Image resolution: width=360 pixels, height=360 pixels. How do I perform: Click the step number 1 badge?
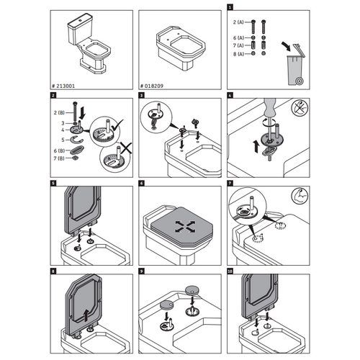(229, 6)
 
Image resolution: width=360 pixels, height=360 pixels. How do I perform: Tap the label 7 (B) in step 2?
(61, 158)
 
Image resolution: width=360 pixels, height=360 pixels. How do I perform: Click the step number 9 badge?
(141, 271)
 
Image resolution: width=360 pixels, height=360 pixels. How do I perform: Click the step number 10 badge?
(229, 271)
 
